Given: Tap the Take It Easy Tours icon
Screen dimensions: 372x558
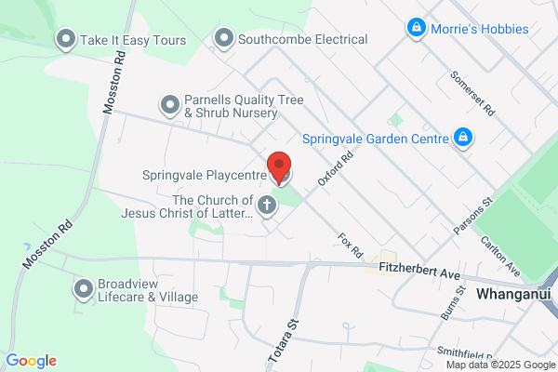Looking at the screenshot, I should point(66,39).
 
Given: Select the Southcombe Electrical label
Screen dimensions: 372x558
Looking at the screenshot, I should point(302,40).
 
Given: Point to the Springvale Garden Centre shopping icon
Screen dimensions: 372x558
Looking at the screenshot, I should point(462,139).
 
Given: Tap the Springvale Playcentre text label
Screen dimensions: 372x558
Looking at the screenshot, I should point(205,174).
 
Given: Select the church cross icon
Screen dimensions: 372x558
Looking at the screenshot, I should point(267,206).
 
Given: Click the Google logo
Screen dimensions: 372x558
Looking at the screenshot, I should point(31,361).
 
